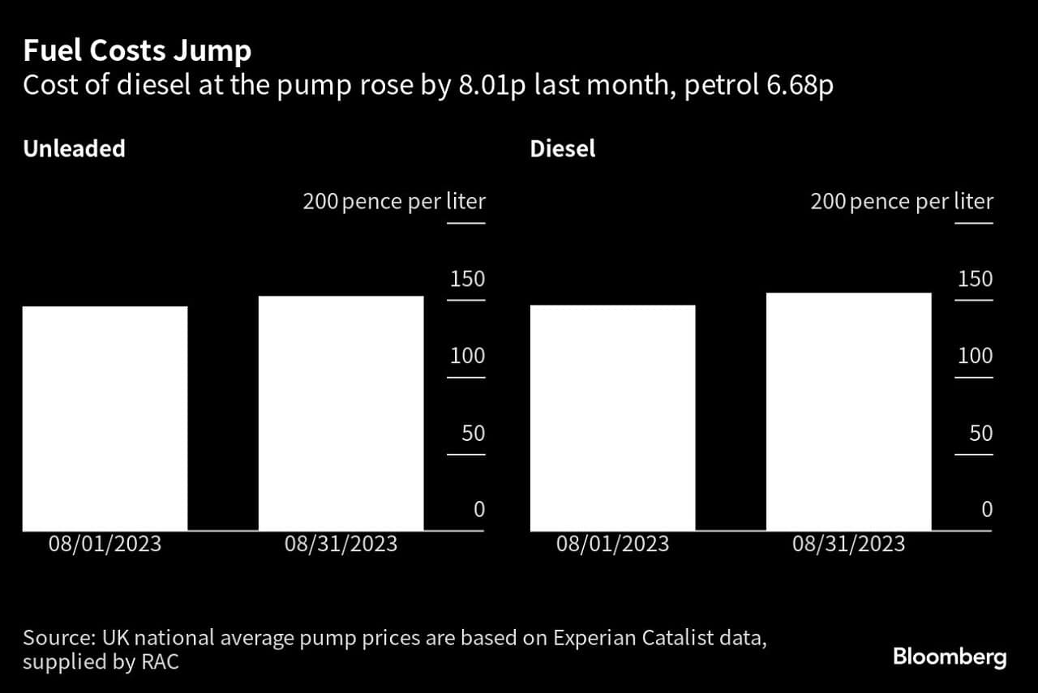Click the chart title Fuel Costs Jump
tap(137, 52)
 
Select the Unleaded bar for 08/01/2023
tap(105, 418)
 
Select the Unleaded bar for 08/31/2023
tap(341, 413)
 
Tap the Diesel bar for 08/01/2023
tap(612, 417)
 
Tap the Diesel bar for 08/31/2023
tap(848, 412)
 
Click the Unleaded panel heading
tap(74, 149)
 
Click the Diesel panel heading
tap(562, 149)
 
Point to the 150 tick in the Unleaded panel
tap(467, 280)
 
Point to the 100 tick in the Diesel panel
tap(975, 357)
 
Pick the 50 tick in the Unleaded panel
tap(473, 434)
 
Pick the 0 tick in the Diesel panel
tap(986, 510)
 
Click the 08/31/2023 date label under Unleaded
tap(341, 544)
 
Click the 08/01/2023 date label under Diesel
tap(612, 544)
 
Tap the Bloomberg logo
tap(949, 657)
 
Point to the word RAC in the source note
tap(159, 662)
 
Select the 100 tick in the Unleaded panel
tap(467, 357)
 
